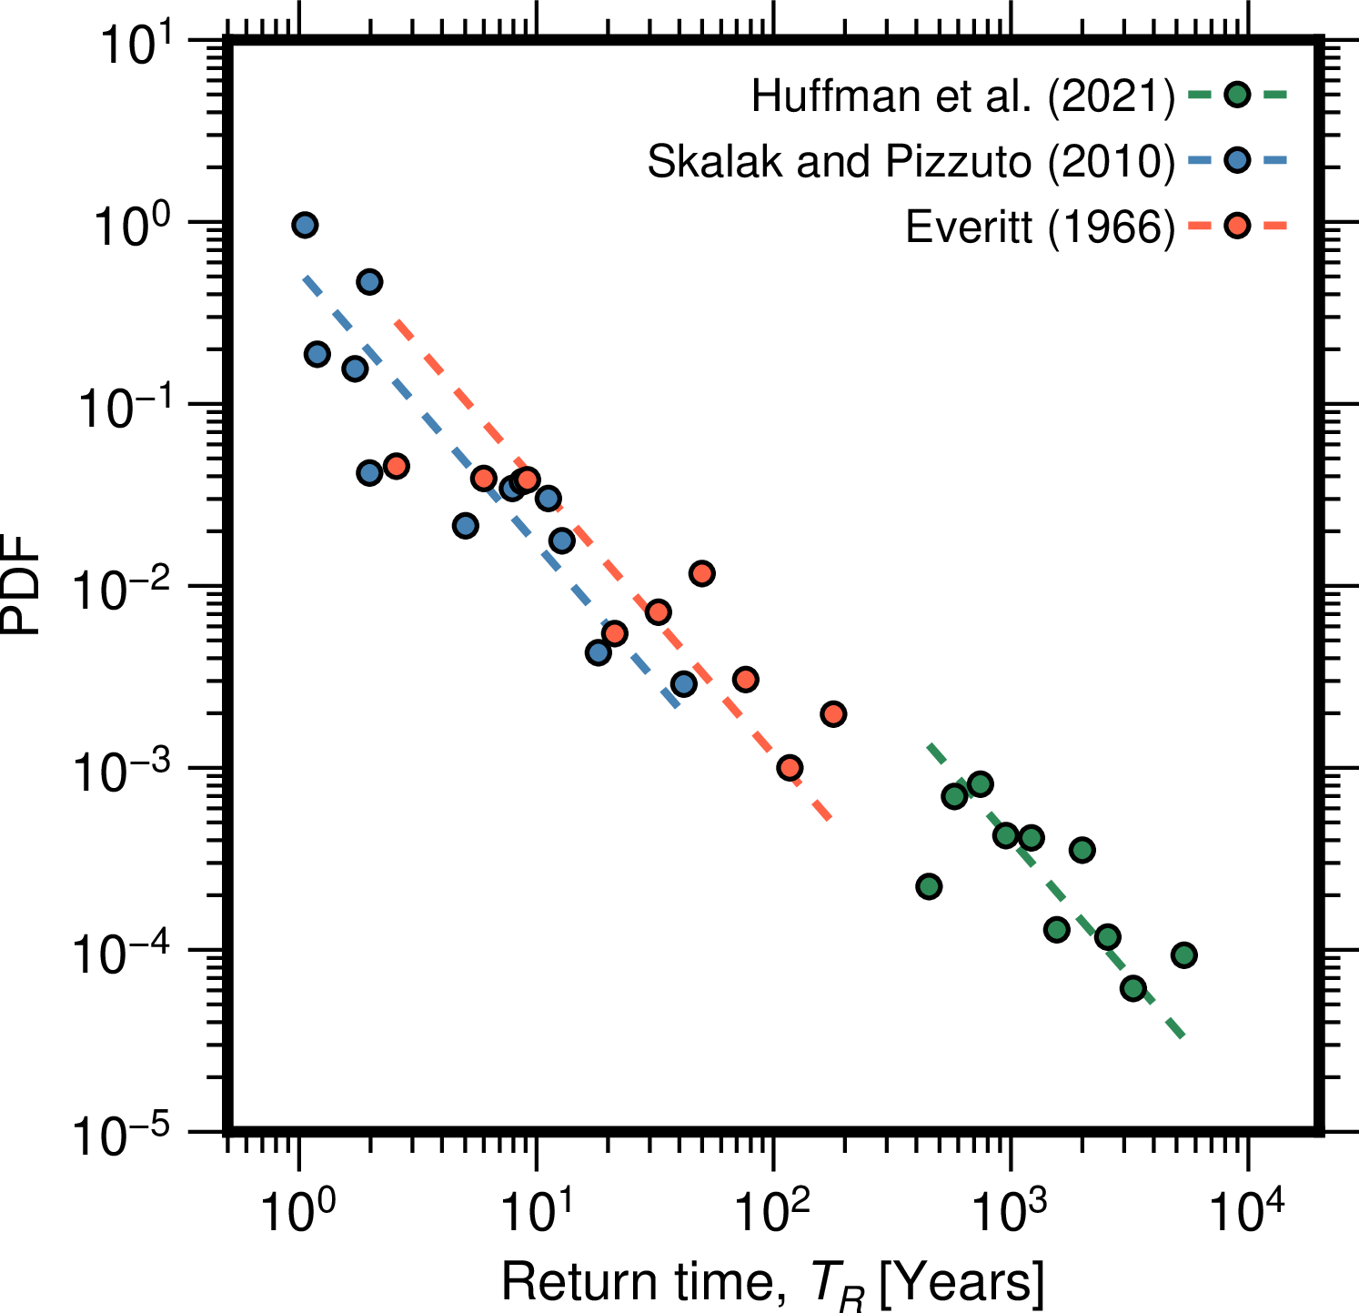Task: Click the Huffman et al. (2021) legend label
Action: [x=963, y=96]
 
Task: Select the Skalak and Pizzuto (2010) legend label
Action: [x=911, y=162]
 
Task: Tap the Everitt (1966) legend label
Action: [x=1040, y=227]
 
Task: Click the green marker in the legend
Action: [x=1237, y=95]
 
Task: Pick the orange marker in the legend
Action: [x=1237, y=226]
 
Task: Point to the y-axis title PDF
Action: [x=22, y=585]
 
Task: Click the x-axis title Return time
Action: [x=771, y=1283]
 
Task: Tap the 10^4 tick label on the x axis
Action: [x=1247, y=1211]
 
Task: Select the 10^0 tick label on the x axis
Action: [x=297, y=1211]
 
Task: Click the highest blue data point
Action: [x=305, y=225]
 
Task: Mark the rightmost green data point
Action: [x=1183, y=954]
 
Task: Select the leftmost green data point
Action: [x=929, y=886]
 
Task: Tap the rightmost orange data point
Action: [x=833, y=713]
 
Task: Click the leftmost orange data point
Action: [x=396, y=466]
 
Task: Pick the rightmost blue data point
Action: [x=684, y=683]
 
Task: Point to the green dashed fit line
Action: [x=1055, y=892]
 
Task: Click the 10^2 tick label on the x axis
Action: [x=773, y=1211]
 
